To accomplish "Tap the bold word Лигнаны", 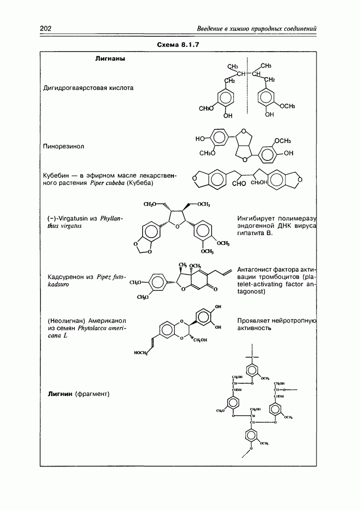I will [x=110, y=59].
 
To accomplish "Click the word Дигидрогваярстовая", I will [x=77, y=88].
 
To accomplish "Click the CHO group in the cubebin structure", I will [x=240, y=184].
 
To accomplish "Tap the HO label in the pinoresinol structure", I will [x=201, y=139].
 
